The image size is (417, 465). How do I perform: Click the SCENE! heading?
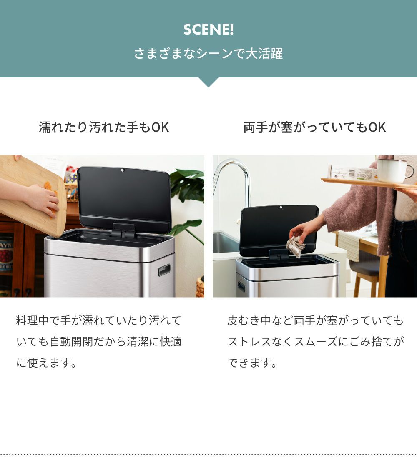click(x=208, y=29)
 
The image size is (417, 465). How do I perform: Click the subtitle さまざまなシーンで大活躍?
click(x=208, y=54)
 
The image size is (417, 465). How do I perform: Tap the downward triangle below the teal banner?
click(x=208, y=82)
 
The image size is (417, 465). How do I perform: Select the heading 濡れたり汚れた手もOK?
click(x=104, y=127)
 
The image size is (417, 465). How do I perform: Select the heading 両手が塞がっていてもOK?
click(x=314, y=127)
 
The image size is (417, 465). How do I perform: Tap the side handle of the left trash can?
click(x=164, y=270)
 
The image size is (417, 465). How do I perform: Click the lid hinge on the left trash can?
click(x=123, y=230)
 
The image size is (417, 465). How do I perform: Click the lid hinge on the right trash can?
click(x=279, y=255)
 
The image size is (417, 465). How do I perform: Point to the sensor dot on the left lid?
click(x=123, y=170)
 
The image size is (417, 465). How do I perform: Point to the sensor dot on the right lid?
click(x=281, y=207)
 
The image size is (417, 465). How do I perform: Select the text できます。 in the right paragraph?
click(x=252, y=362)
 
